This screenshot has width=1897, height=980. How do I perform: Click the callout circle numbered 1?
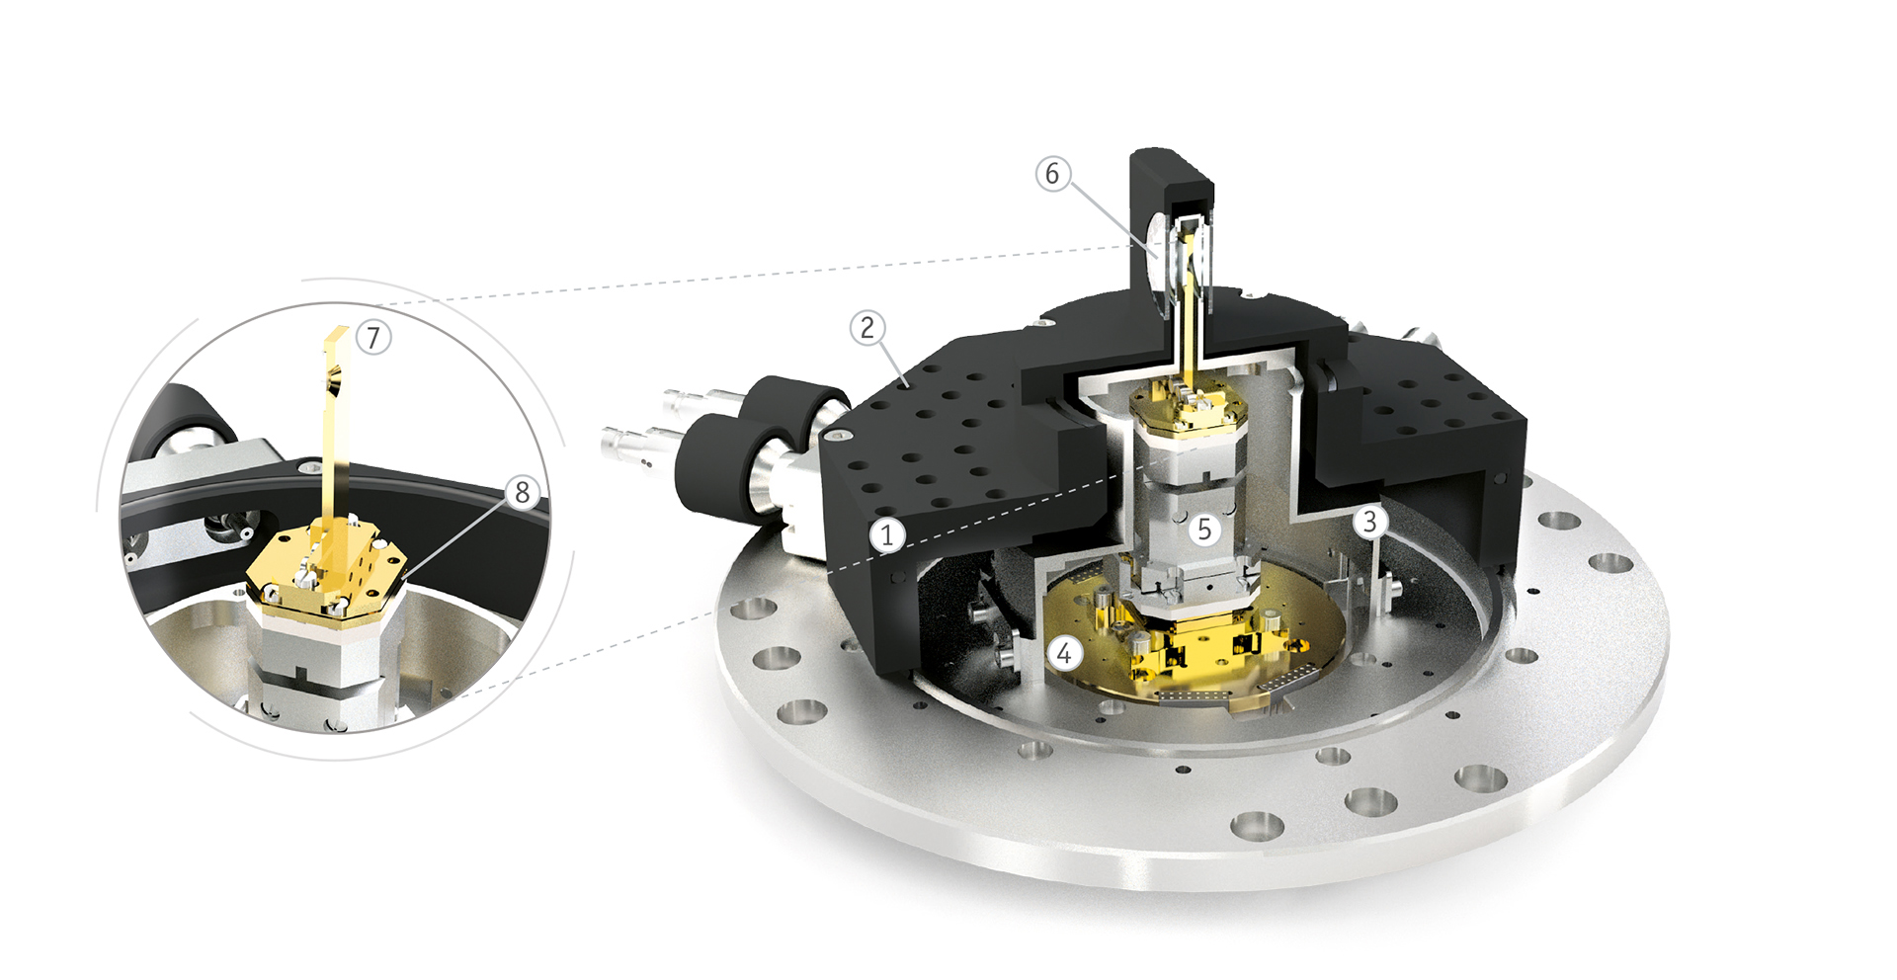click(x=887, y=534)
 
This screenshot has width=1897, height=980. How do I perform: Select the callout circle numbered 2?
click(x=867, y=327)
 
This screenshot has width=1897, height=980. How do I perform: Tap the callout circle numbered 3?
click(x=1369, y=521)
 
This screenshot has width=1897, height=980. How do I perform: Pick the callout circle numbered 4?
click(x=1064, y=653)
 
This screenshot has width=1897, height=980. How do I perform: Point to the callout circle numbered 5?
click(x=1203, y=529)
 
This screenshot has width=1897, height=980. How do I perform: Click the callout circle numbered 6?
click(x=1052, y=174)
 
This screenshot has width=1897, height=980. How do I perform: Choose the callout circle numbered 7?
click(x=373, y=337)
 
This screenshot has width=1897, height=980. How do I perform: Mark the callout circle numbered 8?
click(x=523, y=491)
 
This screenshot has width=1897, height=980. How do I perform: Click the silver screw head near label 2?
click(x=839, y=435)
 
